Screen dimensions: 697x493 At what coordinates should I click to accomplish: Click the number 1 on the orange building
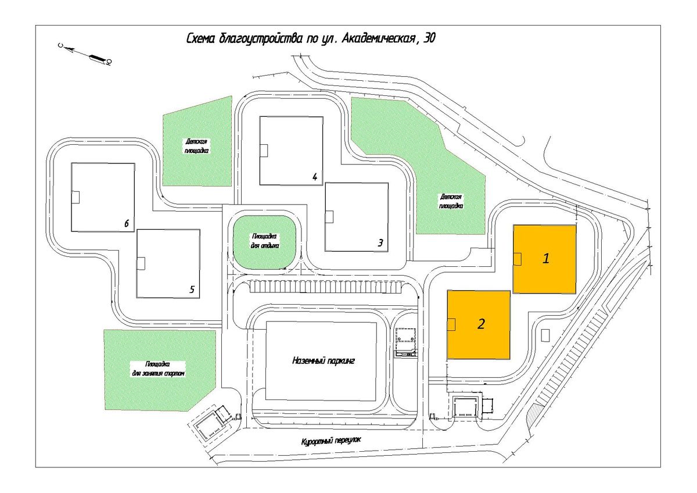(x=546, y=259)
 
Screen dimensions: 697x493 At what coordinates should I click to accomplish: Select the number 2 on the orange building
(x=481, y=324)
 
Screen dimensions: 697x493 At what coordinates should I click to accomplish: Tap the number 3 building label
(x=380, y=242)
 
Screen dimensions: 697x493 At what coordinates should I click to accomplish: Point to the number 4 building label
(x=315, y=177)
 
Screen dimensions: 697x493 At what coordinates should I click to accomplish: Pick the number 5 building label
(x=192, y=290)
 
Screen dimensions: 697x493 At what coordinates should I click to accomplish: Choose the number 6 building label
(x=127, y=223)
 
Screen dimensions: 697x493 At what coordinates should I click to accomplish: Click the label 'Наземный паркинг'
(x=324, y=360)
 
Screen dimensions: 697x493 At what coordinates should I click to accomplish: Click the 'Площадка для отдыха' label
(x=264, y=241)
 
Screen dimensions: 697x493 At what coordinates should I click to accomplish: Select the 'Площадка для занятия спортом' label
(x=159, y=369)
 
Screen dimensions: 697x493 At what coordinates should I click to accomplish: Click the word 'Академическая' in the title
(x=379, y=38)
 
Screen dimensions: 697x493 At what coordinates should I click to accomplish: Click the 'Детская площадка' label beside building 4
(x=196, y=146)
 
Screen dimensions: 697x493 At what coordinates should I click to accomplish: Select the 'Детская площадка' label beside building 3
(x=451, y=201)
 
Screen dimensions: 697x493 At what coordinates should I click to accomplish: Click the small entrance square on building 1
(x=517, y=259)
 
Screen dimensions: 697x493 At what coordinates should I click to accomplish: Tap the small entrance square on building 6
(x=76, y=197)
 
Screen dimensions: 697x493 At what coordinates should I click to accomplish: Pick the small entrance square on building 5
(x=141, y=264)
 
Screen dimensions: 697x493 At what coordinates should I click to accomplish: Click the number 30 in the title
(x=429, y=38)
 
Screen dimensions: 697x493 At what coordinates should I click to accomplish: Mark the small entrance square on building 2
(x=451, y=325)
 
